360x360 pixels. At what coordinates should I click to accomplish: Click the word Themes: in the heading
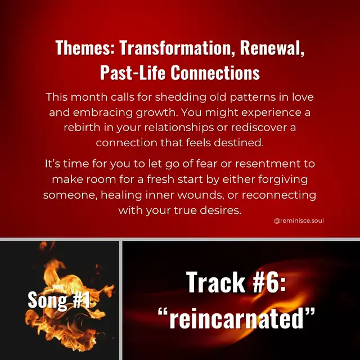(85, 47)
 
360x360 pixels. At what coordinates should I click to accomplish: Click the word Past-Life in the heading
(133, 73)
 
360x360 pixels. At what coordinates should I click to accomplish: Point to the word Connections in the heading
(215, 73)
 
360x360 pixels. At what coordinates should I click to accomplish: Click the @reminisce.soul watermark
(299, 221)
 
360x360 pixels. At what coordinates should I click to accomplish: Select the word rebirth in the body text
(82, 128)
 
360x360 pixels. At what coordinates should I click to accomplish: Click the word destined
(238, 143)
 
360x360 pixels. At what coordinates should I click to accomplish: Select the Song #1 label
(58, 300)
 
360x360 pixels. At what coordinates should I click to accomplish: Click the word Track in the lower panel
(215, 282)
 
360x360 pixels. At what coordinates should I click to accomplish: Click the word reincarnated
(236, 318)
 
